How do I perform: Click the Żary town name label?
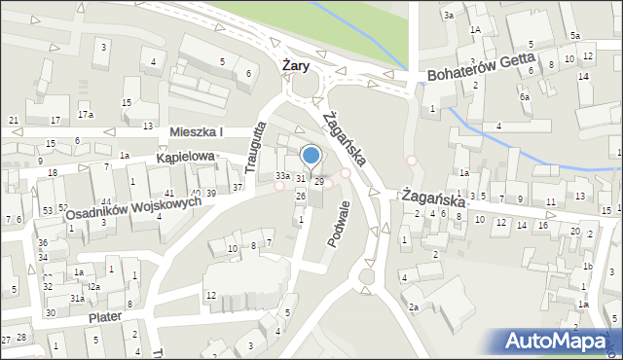(295, 65)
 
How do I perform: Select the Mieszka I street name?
(196, 131)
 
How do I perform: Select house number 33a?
(282, 175)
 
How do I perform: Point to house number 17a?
(86, 115)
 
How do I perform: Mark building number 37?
(237, 187)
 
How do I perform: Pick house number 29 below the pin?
(318, 182)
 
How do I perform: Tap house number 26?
(301, 197)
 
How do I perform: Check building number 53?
(47, 210)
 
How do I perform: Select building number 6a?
(524, 96)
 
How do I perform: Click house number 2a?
(413, 307)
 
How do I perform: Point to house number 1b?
(587, 266)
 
